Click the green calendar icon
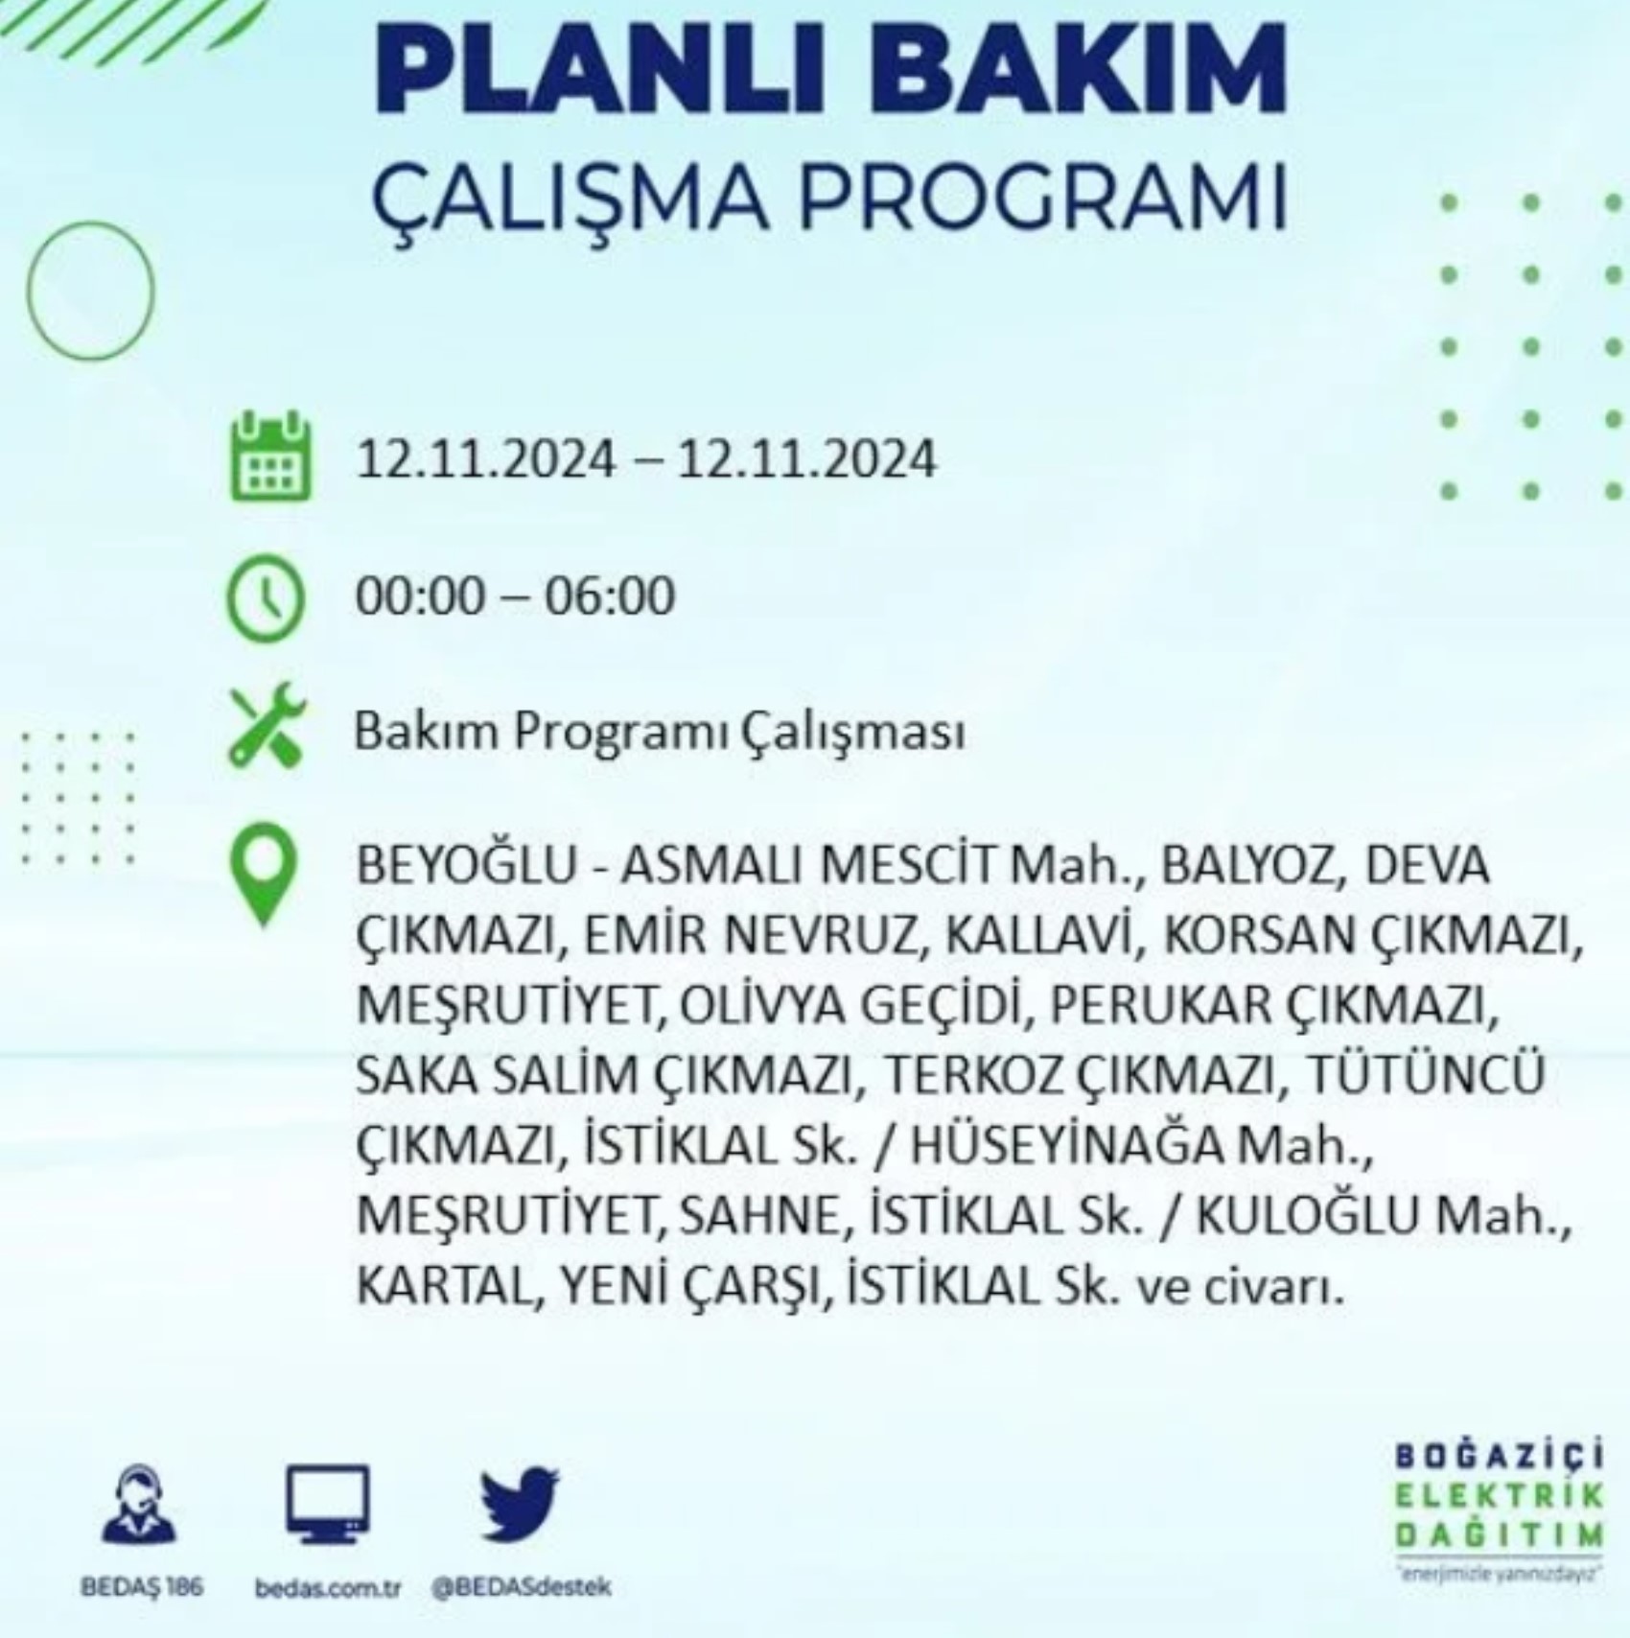(271, 456)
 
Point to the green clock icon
(265, 597)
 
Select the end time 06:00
(610, 596)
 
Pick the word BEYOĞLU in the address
(466, 866)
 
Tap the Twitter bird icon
(520, 1503)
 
